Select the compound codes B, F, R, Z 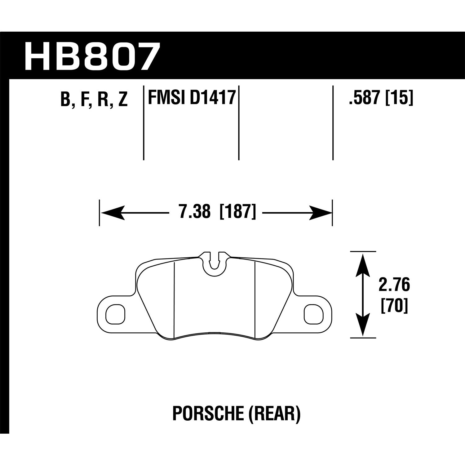[x=94, y=99]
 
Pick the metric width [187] [x=237, y=213]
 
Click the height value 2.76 [x=394, y=285]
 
